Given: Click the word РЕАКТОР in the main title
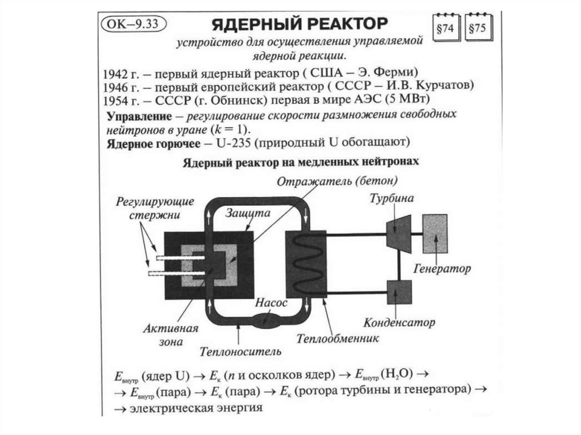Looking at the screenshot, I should pos(340,25).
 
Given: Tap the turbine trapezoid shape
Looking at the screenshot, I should pos(399,232).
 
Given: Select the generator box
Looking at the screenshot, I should pos(435,233).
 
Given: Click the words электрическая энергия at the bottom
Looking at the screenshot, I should pos(196,407).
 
